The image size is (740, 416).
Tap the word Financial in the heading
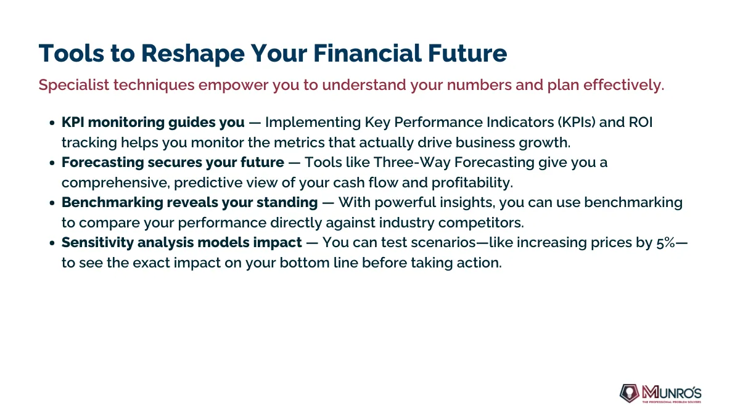368,53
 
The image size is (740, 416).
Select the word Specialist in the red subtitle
73,85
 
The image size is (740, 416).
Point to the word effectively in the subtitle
623,85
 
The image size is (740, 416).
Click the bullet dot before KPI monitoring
52,123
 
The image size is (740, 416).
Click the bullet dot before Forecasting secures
52,163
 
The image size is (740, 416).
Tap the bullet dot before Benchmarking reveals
52,203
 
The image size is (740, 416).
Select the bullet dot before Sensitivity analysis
52,243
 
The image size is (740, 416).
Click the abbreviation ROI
641,122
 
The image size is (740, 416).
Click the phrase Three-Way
412,163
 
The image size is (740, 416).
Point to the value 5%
665,243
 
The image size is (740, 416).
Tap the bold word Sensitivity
97,243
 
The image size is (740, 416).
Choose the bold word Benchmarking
112,202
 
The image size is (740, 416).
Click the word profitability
472,182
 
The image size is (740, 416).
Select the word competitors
481,223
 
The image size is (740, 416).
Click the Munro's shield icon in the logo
630,393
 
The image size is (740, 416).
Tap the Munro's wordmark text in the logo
672,393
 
